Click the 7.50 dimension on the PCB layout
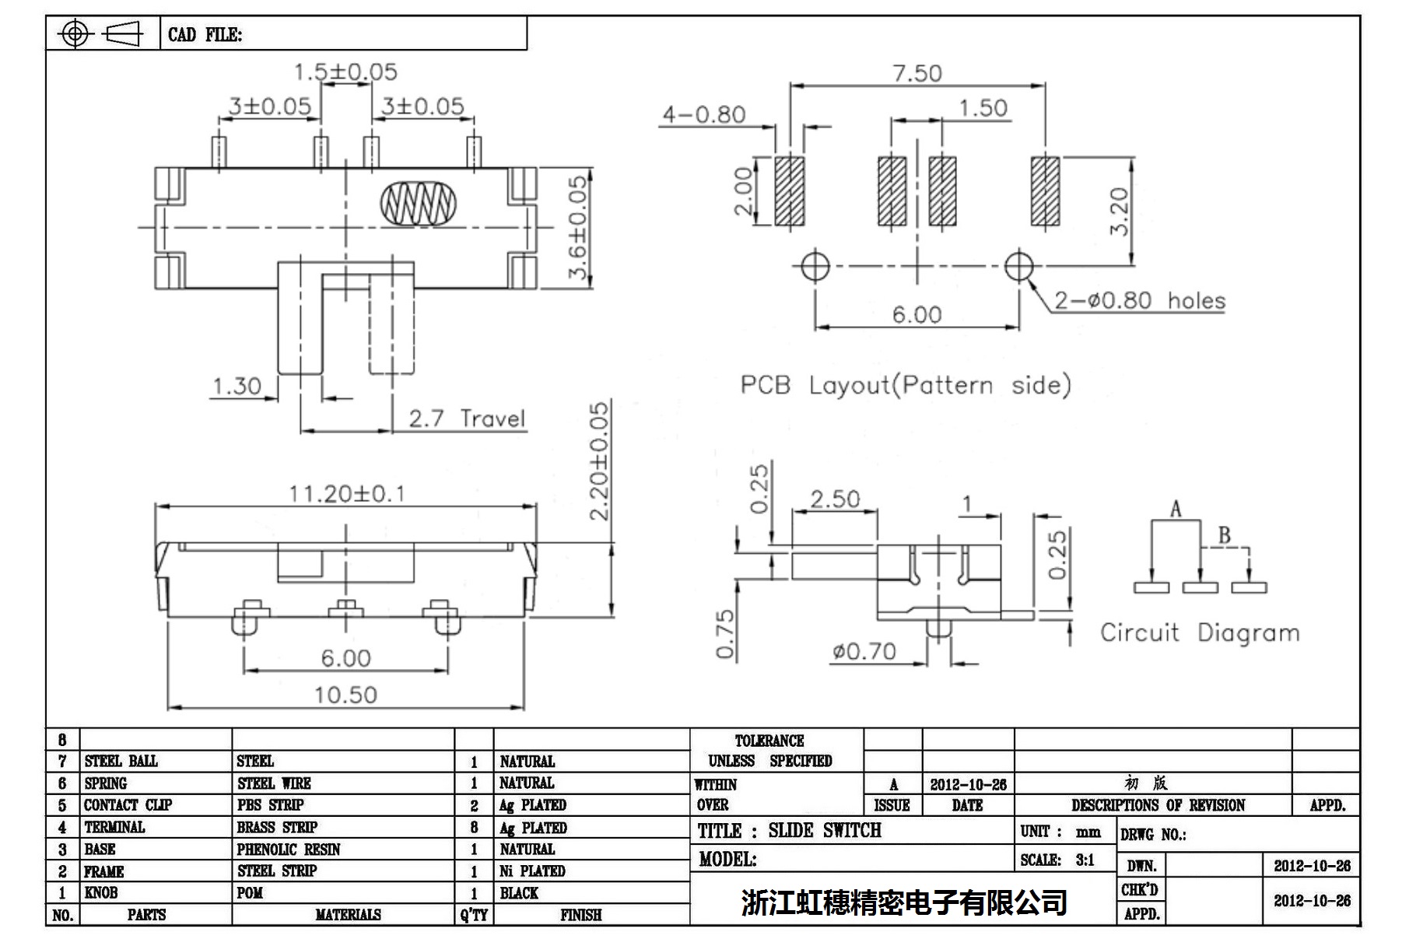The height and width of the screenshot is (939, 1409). [x=917, y=73]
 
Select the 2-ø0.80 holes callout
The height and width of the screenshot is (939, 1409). [x=1139, y=300]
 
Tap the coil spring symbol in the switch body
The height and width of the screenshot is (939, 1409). [x=418, y=203]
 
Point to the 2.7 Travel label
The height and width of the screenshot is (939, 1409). [x=467, y=419]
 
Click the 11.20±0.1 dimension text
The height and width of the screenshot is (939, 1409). [x=346, y=493]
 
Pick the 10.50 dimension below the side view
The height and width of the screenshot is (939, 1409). [x=345, y=694]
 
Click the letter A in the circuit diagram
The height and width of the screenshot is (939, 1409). [x=1175, y=510]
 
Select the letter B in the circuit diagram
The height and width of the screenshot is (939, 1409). [x=1224, y=534]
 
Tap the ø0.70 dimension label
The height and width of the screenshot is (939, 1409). [x=864, y=650]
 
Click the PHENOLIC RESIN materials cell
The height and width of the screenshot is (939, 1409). [x=289, y=849]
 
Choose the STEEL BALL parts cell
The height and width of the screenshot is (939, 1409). [x=121, y=761]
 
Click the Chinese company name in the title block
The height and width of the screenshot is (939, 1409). [x=903, y=902]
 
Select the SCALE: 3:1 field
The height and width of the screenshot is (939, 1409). [x=1057, y=860]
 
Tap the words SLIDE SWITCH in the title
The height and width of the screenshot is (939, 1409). [x=825, y=831]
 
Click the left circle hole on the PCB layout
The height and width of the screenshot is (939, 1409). [x=815, y=266]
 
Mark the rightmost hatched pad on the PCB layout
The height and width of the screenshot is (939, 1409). [x=1045, y=191]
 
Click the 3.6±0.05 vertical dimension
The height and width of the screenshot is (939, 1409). [x=578, y=227]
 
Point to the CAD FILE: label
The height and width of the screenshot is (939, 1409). [x=205, y=35]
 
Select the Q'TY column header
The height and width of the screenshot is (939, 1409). [x=474, y=915]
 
